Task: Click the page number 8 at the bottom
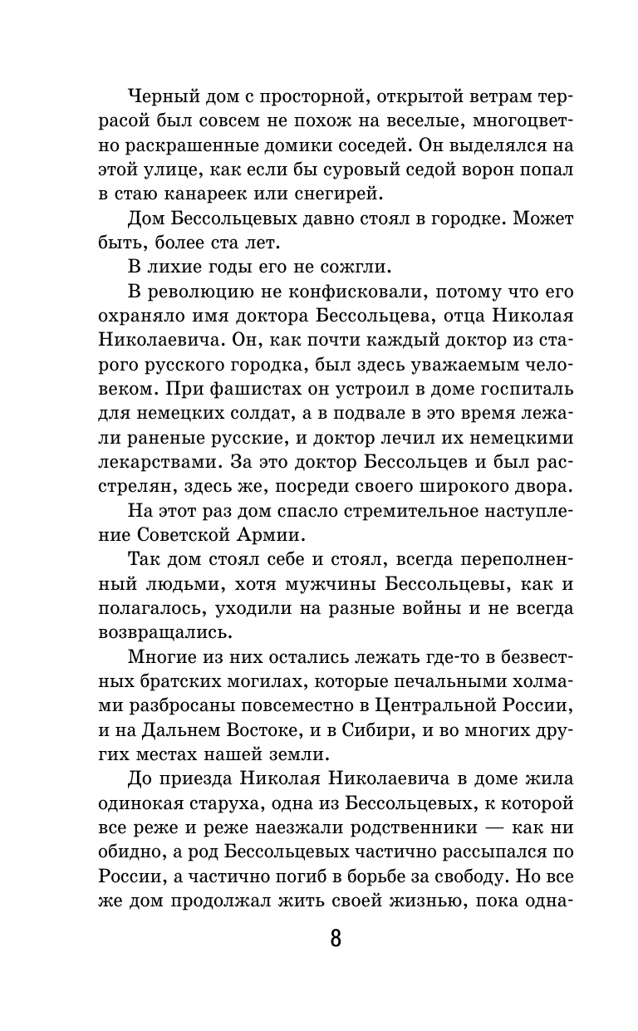click(x=335, y=940)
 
